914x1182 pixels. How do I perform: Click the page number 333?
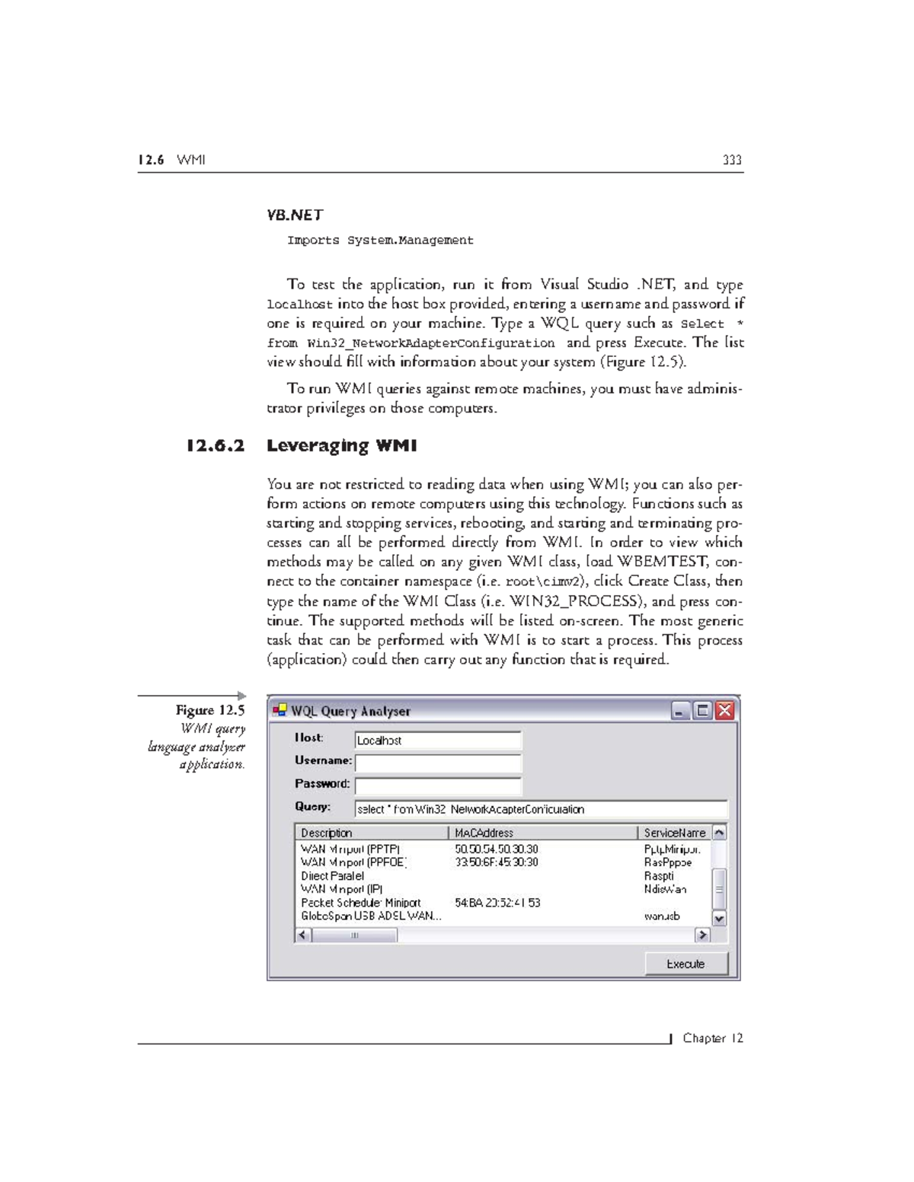732,160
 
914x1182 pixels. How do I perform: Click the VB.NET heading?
295,215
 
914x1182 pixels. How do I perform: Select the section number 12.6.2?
216,446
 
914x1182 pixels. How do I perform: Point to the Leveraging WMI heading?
341,446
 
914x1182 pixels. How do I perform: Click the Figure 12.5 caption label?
210,710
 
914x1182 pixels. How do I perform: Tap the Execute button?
685,964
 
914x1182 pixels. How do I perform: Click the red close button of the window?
724,711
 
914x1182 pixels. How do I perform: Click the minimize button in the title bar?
680,711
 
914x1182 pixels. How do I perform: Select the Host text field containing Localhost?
438,740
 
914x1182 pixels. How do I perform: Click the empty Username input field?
438,763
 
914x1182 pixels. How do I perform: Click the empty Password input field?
438,785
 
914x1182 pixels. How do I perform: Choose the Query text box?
541,809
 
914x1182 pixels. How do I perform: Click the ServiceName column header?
674,833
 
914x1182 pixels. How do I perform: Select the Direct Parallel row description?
333,876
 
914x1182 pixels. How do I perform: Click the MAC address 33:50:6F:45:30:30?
497,862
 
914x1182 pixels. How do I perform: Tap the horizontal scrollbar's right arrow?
702,935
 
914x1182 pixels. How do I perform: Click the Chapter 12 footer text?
712,1038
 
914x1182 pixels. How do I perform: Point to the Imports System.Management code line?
380,241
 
